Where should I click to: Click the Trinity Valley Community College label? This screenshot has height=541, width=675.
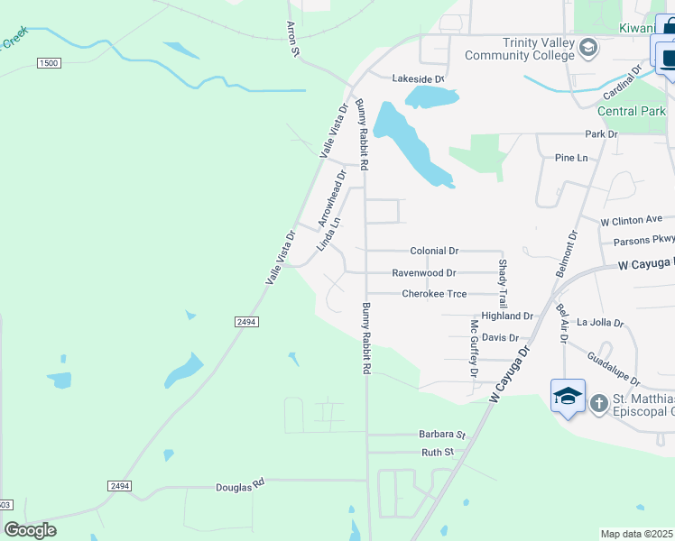(519, 49)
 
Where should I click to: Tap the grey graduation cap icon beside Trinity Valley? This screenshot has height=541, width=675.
(588, 47)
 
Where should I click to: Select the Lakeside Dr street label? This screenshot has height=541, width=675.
(418, 79)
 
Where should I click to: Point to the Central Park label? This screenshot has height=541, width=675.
(631, 111)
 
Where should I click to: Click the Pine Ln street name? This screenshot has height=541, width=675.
(571, 158)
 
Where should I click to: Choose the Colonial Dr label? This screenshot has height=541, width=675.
(434, 251)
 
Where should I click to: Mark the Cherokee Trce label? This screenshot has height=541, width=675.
(434, 294)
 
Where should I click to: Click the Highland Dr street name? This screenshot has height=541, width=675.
(508, 316)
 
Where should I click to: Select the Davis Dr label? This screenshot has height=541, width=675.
(500, 338)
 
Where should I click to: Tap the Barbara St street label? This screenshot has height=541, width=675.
(440, 434)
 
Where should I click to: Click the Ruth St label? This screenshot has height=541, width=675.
(437, 452)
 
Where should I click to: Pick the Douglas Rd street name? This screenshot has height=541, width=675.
(239, 486)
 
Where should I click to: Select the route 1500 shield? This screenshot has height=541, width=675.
(49, 62)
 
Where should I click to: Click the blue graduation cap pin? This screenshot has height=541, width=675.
(569, 397)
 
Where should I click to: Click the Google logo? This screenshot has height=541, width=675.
(30, 530)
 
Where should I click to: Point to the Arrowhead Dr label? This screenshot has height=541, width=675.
(331, 198)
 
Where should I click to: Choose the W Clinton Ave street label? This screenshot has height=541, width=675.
(632, 219)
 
